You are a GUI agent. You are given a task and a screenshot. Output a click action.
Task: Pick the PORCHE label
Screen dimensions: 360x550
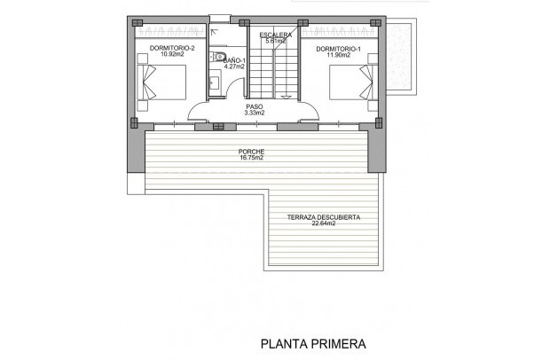pyautogui.click(x=252, y=152)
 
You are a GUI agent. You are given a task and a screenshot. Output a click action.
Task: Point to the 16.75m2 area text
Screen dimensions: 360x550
pyautogui.click(x=252, y=159)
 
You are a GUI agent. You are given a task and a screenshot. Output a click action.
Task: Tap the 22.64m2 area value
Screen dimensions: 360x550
pyautogui.click(x=324, y=223)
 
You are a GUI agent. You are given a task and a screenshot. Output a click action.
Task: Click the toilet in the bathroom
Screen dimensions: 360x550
pyautogui.click(x=218, y=59)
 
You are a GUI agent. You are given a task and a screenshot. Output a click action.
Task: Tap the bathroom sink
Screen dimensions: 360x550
pyautogui.click(x=215, y=82)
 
